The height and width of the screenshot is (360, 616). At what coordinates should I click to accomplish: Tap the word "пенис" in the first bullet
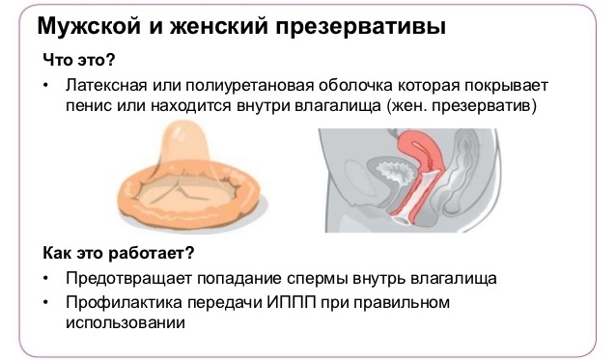tap(88, 104)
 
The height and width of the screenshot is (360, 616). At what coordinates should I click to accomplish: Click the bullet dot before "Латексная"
tap(46, 85)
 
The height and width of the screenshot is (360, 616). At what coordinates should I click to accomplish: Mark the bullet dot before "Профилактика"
tap(46, 303)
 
